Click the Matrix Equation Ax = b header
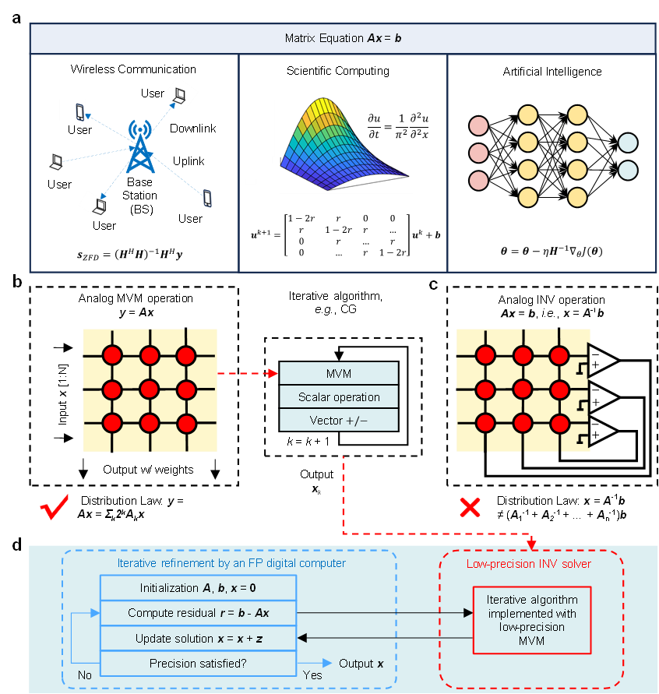(343, 37)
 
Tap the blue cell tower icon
(140, 146)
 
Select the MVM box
(339, 373)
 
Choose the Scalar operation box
(339, 397)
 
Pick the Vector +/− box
(339, 421)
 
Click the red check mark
(55, 508)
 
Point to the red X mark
(470, 508)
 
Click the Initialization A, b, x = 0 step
(198, 587)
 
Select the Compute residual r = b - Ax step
(198, 613)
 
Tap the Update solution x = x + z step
(198, 639)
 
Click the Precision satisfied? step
(198, 664)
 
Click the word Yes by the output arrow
(312, 675)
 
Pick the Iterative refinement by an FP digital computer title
(231, 563)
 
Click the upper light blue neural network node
(627, 143)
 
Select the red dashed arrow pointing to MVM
(248, 373)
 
